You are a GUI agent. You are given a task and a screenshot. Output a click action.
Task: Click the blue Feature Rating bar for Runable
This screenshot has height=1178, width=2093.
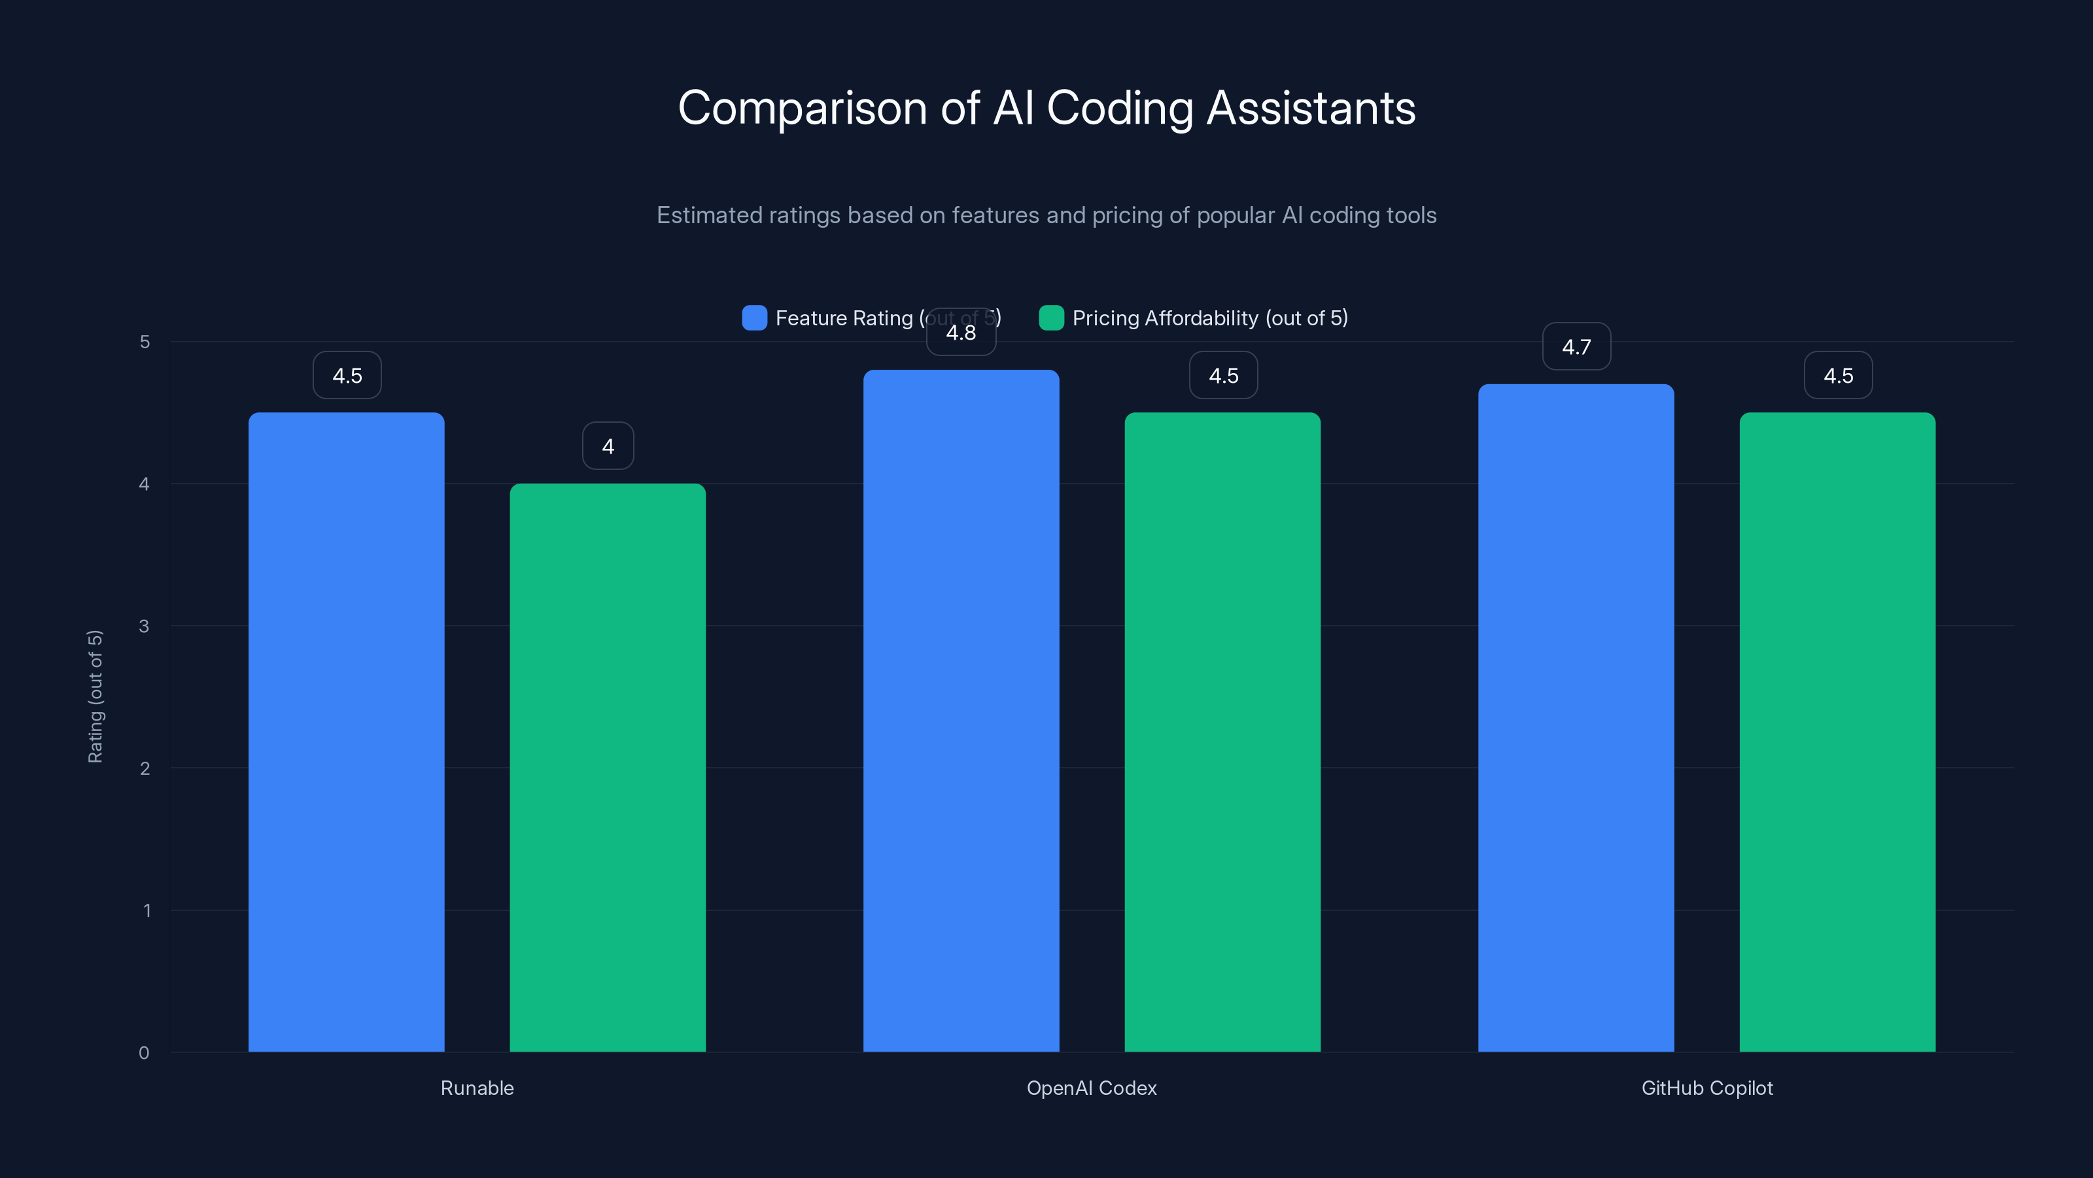[346, 732]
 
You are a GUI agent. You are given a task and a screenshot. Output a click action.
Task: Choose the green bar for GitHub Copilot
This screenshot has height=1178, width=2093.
[1837, 732]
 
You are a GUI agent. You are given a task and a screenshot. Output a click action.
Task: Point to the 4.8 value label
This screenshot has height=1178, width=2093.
[961, 332]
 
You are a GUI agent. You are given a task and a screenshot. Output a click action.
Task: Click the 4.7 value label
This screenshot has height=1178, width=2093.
[1576, 347]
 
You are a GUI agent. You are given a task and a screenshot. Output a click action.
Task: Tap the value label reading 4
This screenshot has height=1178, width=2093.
[608, 446]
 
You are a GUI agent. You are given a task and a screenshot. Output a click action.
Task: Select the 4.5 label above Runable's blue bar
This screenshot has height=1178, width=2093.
[347, 376]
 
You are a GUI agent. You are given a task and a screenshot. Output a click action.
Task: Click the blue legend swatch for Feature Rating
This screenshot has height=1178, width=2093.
[755, 318]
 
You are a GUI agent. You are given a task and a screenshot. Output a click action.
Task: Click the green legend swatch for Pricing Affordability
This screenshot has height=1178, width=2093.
[1051, 318]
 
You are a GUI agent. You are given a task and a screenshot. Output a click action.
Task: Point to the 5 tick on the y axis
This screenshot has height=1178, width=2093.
[145, 342]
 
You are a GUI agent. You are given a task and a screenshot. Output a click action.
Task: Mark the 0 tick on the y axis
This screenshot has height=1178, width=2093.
[144, 1053]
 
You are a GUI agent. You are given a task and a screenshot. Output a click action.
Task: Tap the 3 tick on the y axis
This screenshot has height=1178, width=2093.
[144, 626]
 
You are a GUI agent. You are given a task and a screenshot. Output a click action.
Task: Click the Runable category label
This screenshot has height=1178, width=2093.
[477, 1088]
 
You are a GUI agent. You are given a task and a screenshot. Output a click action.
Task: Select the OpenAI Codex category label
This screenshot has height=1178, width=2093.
[1091, 1088]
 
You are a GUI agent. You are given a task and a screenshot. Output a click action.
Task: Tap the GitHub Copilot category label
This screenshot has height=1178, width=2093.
[1706, 1088]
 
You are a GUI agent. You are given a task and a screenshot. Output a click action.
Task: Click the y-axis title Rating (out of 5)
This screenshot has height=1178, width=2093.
[95, 697]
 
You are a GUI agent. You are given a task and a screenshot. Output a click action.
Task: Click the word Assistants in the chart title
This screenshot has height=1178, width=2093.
[1311, 108]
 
